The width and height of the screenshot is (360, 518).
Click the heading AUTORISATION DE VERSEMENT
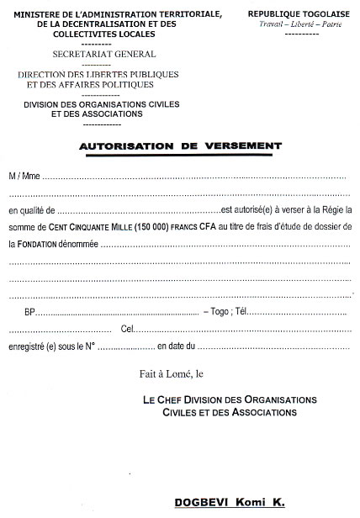pos(180,145)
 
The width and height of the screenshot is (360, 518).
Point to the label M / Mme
pos(24,177)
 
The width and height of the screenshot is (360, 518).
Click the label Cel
pos(126,329)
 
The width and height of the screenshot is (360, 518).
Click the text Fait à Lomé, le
pos(178,373)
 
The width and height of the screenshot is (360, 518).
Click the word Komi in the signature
pos(252,502)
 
